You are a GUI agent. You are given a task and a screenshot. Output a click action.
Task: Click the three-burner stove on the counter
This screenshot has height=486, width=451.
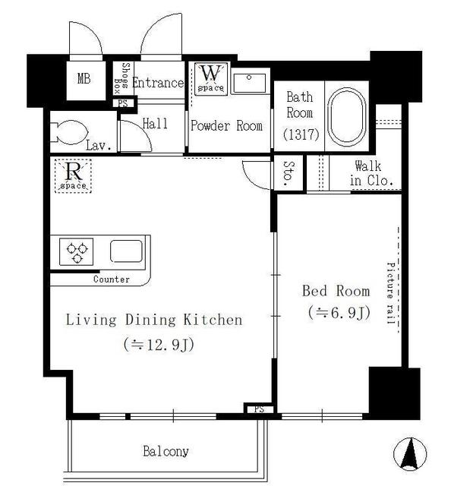click(x=77, y=251)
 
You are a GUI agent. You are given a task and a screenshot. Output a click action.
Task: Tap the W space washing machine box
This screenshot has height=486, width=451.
click(x=210, y=78)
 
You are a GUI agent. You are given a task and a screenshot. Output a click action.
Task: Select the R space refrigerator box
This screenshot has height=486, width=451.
click(x=73, y=174)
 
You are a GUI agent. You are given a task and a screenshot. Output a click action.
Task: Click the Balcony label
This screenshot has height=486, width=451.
click(x=166, y=451)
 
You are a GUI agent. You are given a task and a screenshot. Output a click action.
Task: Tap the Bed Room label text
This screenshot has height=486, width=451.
click(x=336, y=291)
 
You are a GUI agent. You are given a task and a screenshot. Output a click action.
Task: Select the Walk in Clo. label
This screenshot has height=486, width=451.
click(x=369, y=173)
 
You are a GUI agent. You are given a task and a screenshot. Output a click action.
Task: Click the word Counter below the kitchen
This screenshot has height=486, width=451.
click(x=111, y=279)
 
